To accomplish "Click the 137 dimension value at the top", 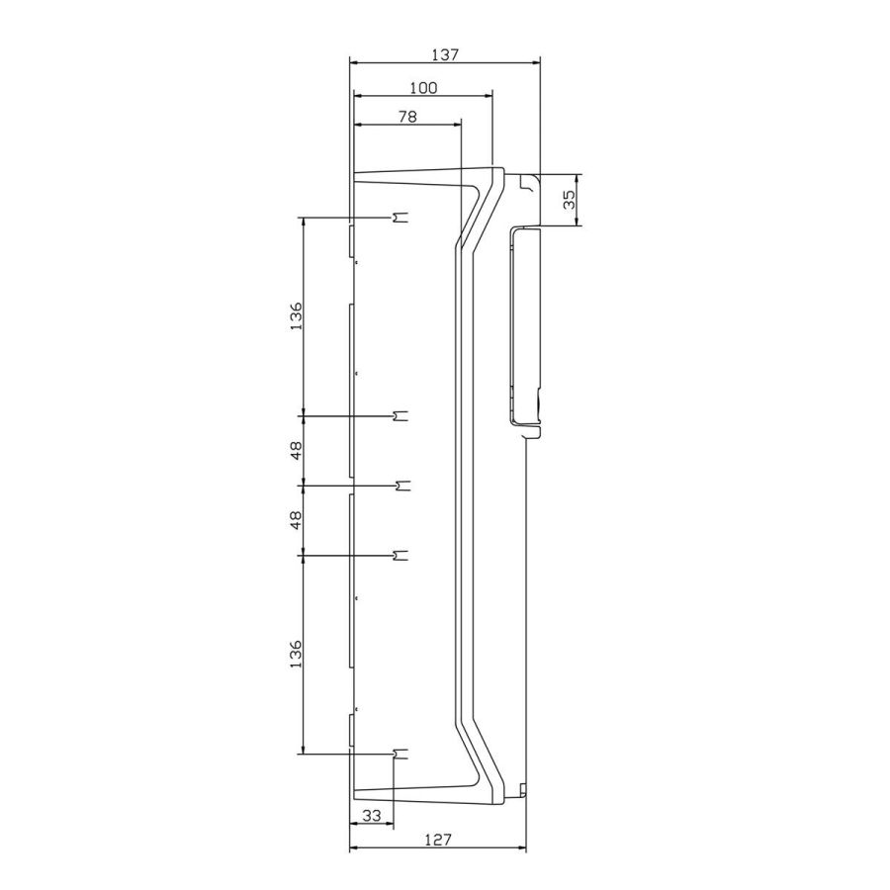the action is (444, 55).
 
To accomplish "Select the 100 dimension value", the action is (423, 88).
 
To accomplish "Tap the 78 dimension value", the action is (407, 117).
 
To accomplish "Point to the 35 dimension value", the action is (569, 199).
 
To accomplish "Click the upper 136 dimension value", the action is (296, 317).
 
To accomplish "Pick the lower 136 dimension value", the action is (296, 655).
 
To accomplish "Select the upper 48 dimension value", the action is (296, 451).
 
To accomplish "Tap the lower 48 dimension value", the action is (296, 520).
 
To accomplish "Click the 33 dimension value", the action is (371, 816).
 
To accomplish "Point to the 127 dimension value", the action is (438, 840).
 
